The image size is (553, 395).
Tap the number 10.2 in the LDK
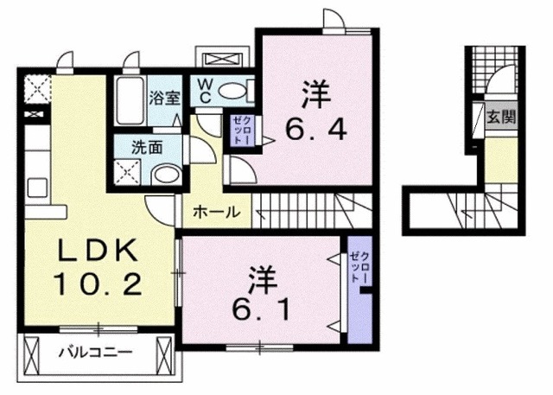click(96, 283)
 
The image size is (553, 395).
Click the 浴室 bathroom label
click(164, 98)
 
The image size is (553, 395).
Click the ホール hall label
click(211, 211)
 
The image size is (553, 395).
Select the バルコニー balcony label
click(95, 353)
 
